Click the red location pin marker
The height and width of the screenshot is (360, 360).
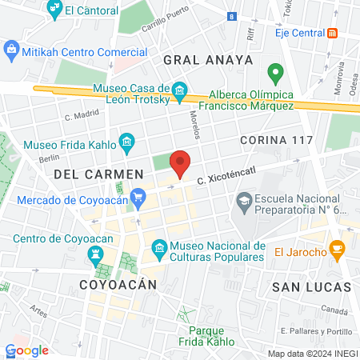click(181, 162)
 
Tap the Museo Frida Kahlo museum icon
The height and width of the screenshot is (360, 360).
click(126, 144)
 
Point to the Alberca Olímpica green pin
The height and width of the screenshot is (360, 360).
click(277, 74)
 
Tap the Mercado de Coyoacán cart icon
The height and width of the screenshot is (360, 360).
click(138, 195)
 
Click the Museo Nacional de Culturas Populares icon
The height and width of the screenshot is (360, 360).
click(158, 250)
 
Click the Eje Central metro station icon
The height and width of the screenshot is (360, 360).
click(333, 33)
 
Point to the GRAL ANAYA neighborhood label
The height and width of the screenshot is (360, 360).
click(207, 60)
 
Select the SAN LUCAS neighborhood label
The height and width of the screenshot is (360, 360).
click(311, 286)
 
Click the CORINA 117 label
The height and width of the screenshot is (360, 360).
click(276, 139)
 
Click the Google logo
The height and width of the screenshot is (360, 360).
click(27, 350)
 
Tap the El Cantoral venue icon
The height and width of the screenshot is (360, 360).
click(54, 10)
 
